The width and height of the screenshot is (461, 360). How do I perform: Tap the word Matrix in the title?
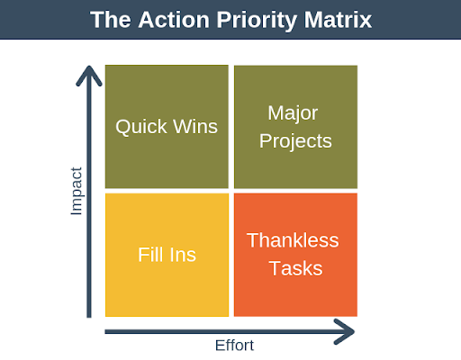(339, 20)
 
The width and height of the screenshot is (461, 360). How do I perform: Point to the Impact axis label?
(77, 190)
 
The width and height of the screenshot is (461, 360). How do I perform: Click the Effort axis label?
(233, 346)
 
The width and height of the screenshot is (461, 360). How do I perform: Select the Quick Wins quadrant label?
(167, 126)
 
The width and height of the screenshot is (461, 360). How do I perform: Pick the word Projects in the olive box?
(295, 141)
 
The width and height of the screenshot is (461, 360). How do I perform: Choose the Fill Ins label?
(167, 255)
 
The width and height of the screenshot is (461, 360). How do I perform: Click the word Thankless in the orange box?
(293, 240)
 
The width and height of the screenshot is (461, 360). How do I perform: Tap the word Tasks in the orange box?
(293, 268)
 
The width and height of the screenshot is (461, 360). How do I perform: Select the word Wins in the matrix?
(194, 126)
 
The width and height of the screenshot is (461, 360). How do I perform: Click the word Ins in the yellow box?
(183, 255)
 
